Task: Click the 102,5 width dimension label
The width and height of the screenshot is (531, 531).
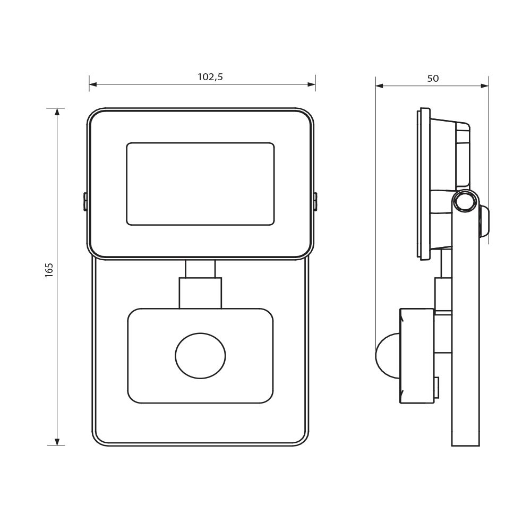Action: [210, 77]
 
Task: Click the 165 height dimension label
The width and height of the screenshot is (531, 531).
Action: [49, 270]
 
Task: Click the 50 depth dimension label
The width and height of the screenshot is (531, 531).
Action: [433, 79]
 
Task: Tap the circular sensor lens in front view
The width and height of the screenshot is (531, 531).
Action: [200, 356]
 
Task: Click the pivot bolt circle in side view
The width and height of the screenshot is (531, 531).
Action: [465, 201]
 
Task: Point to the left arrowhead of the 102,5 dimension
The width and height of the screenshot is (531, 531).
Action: [93, 84]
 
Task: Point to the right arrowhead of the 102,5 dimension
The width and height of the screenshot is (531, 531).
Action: [311, 84]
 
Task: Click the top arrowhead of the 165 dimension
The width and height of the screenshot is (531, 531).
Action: [57, 113]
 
